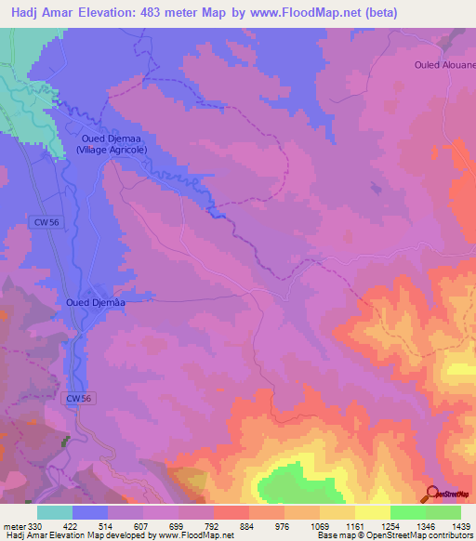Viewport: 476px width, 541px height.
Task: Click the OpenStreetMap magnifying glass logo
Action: point(432,494)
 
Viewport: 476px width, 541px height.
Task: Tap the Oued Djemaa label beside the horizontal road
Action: point(95,301)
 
